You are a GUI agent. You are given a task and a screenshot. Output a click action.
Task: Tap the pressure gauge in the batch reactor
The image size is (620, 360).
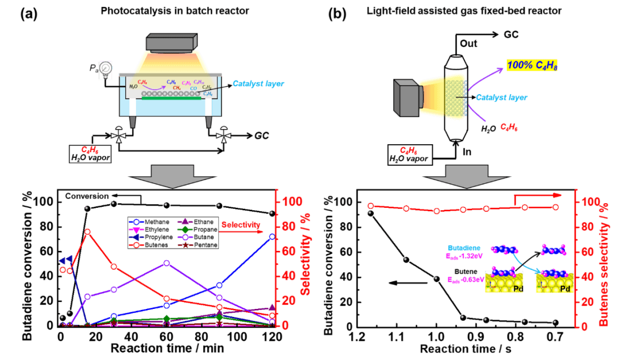click(x=105, y=70)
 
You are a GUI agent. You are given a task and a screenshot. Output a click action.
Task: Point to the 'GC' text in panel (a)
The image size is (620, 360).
click(x=262, y=136)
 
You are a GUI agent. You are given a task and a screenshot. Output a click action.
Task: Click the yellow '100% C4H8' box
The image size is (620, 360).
click(x=532, y=67)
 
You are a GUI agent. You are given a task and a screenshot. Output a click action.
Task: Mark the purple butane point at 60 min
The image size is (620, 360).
click(x=166, y=263)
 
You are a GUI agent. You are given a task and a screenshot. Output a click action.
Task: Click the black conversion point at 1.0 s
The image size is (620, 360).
click(x=436, y=278)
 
